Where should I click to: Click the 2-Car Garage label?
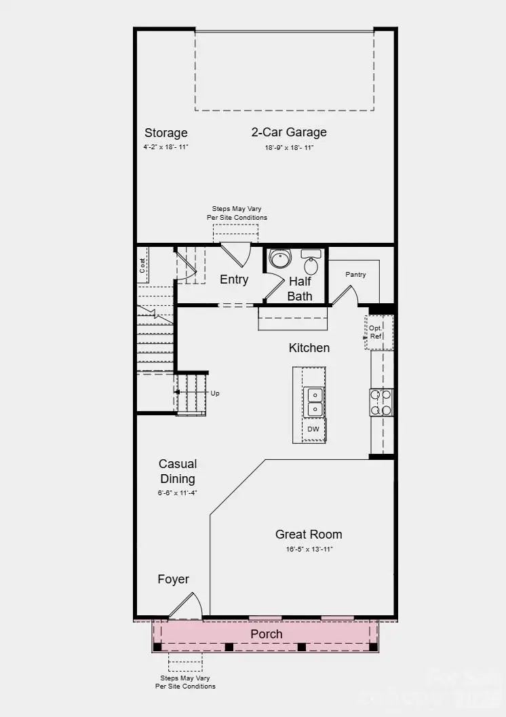pyautogui.click(x=289, y=132)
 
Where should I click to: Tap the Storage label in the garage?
pyautogui.click(x=166, y=132)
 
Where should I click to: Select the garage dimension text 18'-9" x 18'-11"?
pyautogui.click(x=289, y=147)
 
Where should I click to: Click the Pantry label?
pyautogui.click(x=355, y=275)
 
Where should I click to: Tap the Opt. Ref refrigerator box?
pyautogui.click(x=376, y=332)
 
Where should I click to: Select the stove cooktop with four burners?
pyautogui.click(x=381, y=402)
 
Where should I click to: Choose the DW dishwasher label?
pyautogui.click(x=313, y=429)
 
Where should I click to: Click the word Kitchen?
pyautogui.click(x=309, y=348)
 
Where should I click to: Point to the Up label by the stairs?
pyautogui.click(x=215, y=393)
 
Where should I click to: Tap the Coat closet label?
pyautogui.click(x=143, y=265)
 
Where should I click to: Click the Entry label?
pyautogui.click(x=234, y=279)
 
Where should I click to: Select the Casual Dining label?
pyautogui.click(x=178, y=471)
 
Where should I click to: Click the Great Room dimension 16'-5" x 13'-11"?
pyautogui.click(x=309, y=549)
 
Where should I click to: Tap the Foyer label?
pyautogui.click(x=174, y=579)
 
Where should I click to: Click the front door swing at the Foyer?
pyautogui.click(x=187, y=607)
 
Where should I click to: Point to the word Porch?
pyautogui.click(x=267, y=634)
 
